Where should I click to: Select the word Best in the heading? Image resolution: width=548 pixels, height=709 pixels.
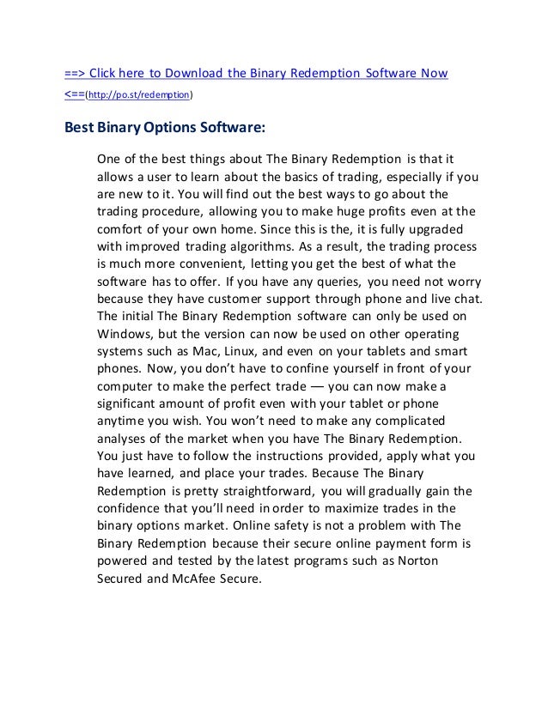click(80, 129)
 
